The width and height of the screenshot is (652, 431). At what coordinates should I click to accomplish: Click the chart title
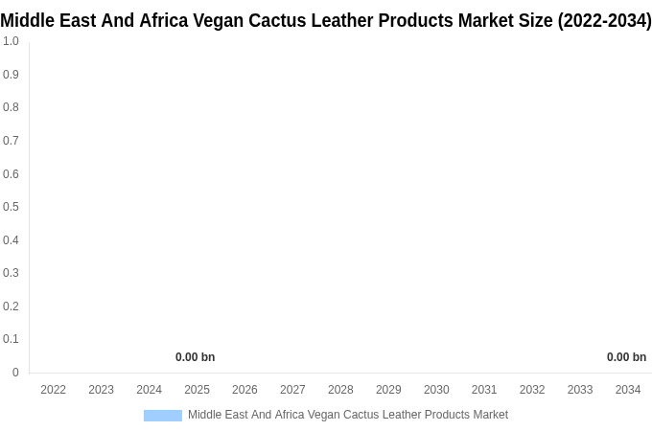pos(326,20)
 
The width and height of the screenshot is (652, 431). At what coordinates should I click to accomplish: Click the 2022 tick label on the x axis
pos(54,390)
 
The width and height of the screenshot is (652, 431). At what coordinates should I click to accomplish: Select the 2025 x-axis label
pos(197,390)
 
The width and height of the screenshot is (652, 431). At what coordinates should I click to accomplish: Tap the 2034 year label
pos(628,390)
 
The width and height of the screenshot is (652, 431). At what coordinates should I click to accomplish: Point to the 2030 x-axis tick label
pos(436,390)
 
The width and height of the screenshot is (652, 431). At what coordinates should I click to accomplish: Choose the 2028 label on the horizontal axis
pos(340,390)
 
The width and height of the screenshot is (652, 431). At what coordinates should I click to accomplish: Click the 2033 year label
pos(580,390)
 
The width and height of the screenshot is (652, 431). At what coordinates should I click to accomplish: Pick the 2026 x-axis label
pos(244,390)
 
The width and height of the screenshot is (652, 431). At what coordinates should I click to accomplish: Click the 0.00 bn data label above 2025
pos(195,357)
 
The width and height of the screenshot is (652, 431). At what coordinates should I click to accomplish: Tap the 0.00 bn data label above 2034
pos(626,357)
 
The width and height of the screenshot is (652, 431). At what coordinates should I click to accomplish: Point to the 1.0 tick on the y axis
pos(11,41)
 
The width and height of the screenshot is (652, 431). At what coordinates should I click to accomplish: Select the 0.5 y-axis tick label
pos(11,207)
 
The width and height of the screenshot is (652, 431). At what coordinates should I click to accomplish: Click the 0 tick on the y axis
pos(15,373)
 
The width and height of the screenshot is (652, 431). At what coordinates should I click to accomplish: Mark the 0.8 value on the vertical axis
pos(11,107)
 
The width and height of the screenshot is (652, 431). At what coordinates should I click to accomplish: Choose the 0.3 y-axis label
pos(11,273)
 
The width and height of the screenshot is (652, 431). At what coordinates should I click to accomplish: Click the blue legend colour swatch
pos(162,416)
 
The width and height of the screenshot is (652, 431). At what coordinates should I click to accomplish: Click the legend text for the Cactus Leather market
pos(348,415)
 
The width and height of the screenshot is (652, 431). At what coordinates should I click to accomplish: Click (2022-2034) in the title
pos(604,20)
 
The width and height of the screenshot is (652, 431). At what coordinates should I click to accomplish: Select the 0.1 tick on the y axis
pos(11,339)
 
